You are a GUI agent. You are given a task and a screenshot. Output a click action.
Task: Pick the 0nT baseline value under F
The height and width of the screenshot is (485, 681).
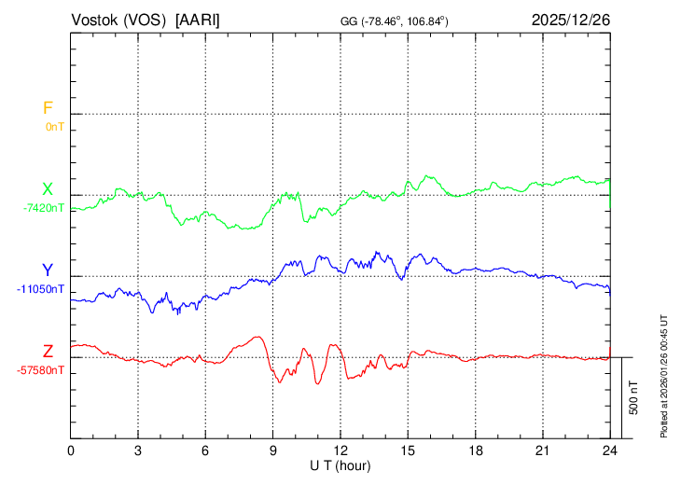pos(54,126)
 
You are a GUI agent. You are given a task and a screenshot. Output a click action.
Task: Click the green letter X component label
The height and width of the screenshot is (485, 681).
pos(47,189)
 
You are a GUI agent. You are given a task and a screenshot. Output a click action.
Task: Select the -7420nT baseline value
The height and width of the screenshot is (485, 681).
pos(45,208)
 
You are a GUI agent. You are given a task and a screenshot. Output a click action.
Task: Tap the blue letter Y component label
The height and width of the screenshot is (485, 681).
pos(47,270)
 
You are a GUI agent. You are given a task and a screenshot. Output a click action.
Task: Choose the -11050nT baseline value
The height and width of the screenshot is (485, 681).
pos(41,289)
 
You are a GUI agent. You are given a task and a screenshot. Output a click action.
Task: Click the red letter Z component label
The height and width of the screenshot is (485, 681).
pos(48,352)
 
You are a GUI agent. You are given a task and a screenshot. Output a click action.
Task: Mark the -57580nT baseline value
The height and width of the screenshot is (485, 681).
pos(41,370)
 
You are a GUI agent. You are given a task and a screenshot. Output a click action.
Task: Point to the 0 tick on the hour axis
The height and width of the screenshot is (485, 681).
pos(72,450)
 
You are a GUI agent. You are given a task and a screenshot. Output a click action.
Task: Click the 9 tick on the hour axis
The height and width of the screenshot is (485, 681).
pos(273,450)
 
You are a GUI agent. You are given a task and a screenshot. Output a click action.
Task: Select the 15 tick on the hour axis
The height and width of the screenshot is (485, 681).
pos(408,450)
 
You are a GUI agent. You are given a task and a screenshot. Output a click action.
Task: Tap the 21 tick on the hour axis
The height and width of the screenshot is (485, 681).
pos(542,450)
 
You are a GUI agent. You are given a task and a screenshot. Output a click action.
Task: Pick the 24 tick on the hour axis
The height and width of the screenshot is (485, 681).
pos(610,450)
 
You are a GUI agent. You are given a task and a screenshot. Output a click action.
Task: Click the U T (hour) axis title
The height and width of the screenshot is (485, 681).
pos(340,464)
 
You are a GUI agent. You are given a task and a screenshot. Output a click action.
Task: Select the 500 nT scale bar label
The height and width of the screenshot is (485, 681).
pos(634,397)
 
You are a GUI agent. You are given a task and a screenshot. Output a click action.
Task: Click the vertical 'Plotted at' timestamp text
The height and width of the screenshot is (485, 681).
pos(664,373)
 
